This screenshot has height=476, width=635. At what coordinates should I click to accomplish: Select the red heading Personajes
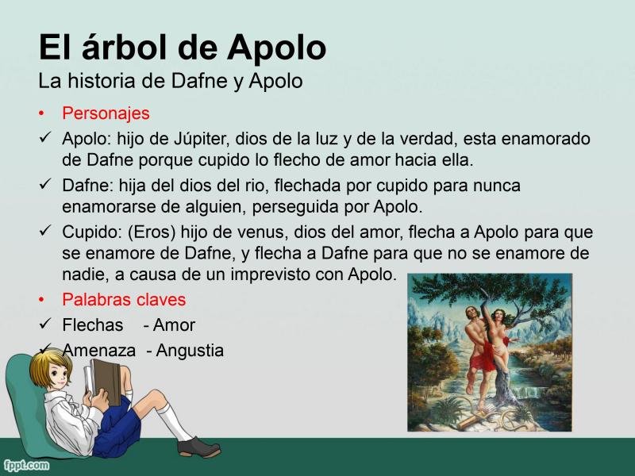pyautogui.click(x=106, y=113)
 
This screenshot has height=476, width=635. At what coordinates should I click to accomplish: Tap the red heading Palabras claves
pyautogui.click(x=124, y=300)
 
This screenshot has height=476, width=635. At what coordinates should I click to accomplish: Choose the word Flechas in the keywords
pyautogui.click(x=92, y=325)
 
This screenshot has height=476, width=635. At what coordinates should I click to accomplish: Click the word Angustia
pyautogui.click(x=190, y=351)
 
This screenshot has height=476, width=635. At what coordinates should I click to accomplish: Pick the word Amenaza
pyautogui.click(x=98, y=351)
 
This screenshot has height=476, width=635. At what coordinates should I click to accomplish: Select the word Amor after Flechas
pyautogui.click(x=174, y=325)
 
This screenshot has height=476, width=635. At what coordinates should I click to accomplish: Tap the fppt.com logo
pyautogui.click(x=26, y=465)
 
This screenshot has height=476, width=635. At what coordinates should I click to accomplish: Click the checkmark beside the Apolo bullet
pyautogui.click(x=44, y=137)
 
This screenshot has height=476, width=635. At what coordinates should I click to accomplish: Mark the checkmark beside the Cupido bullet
pyautogui.click(x=44, y=231)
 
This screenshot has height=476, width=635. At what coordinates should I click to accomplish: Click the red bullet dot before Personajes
pyautogui.click(x=41, y=113)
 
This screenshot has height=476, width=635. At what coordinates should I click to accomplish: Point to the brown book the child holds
pyautogui.click(x=105, y=382)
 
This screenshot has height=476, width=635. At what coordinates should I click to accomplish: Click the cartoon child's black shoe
pyautogui.click(x=199, y=447)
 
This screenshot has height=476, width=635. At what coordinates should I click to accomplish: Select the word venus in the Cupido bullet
pyautogui.click(x=261, y=232)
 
